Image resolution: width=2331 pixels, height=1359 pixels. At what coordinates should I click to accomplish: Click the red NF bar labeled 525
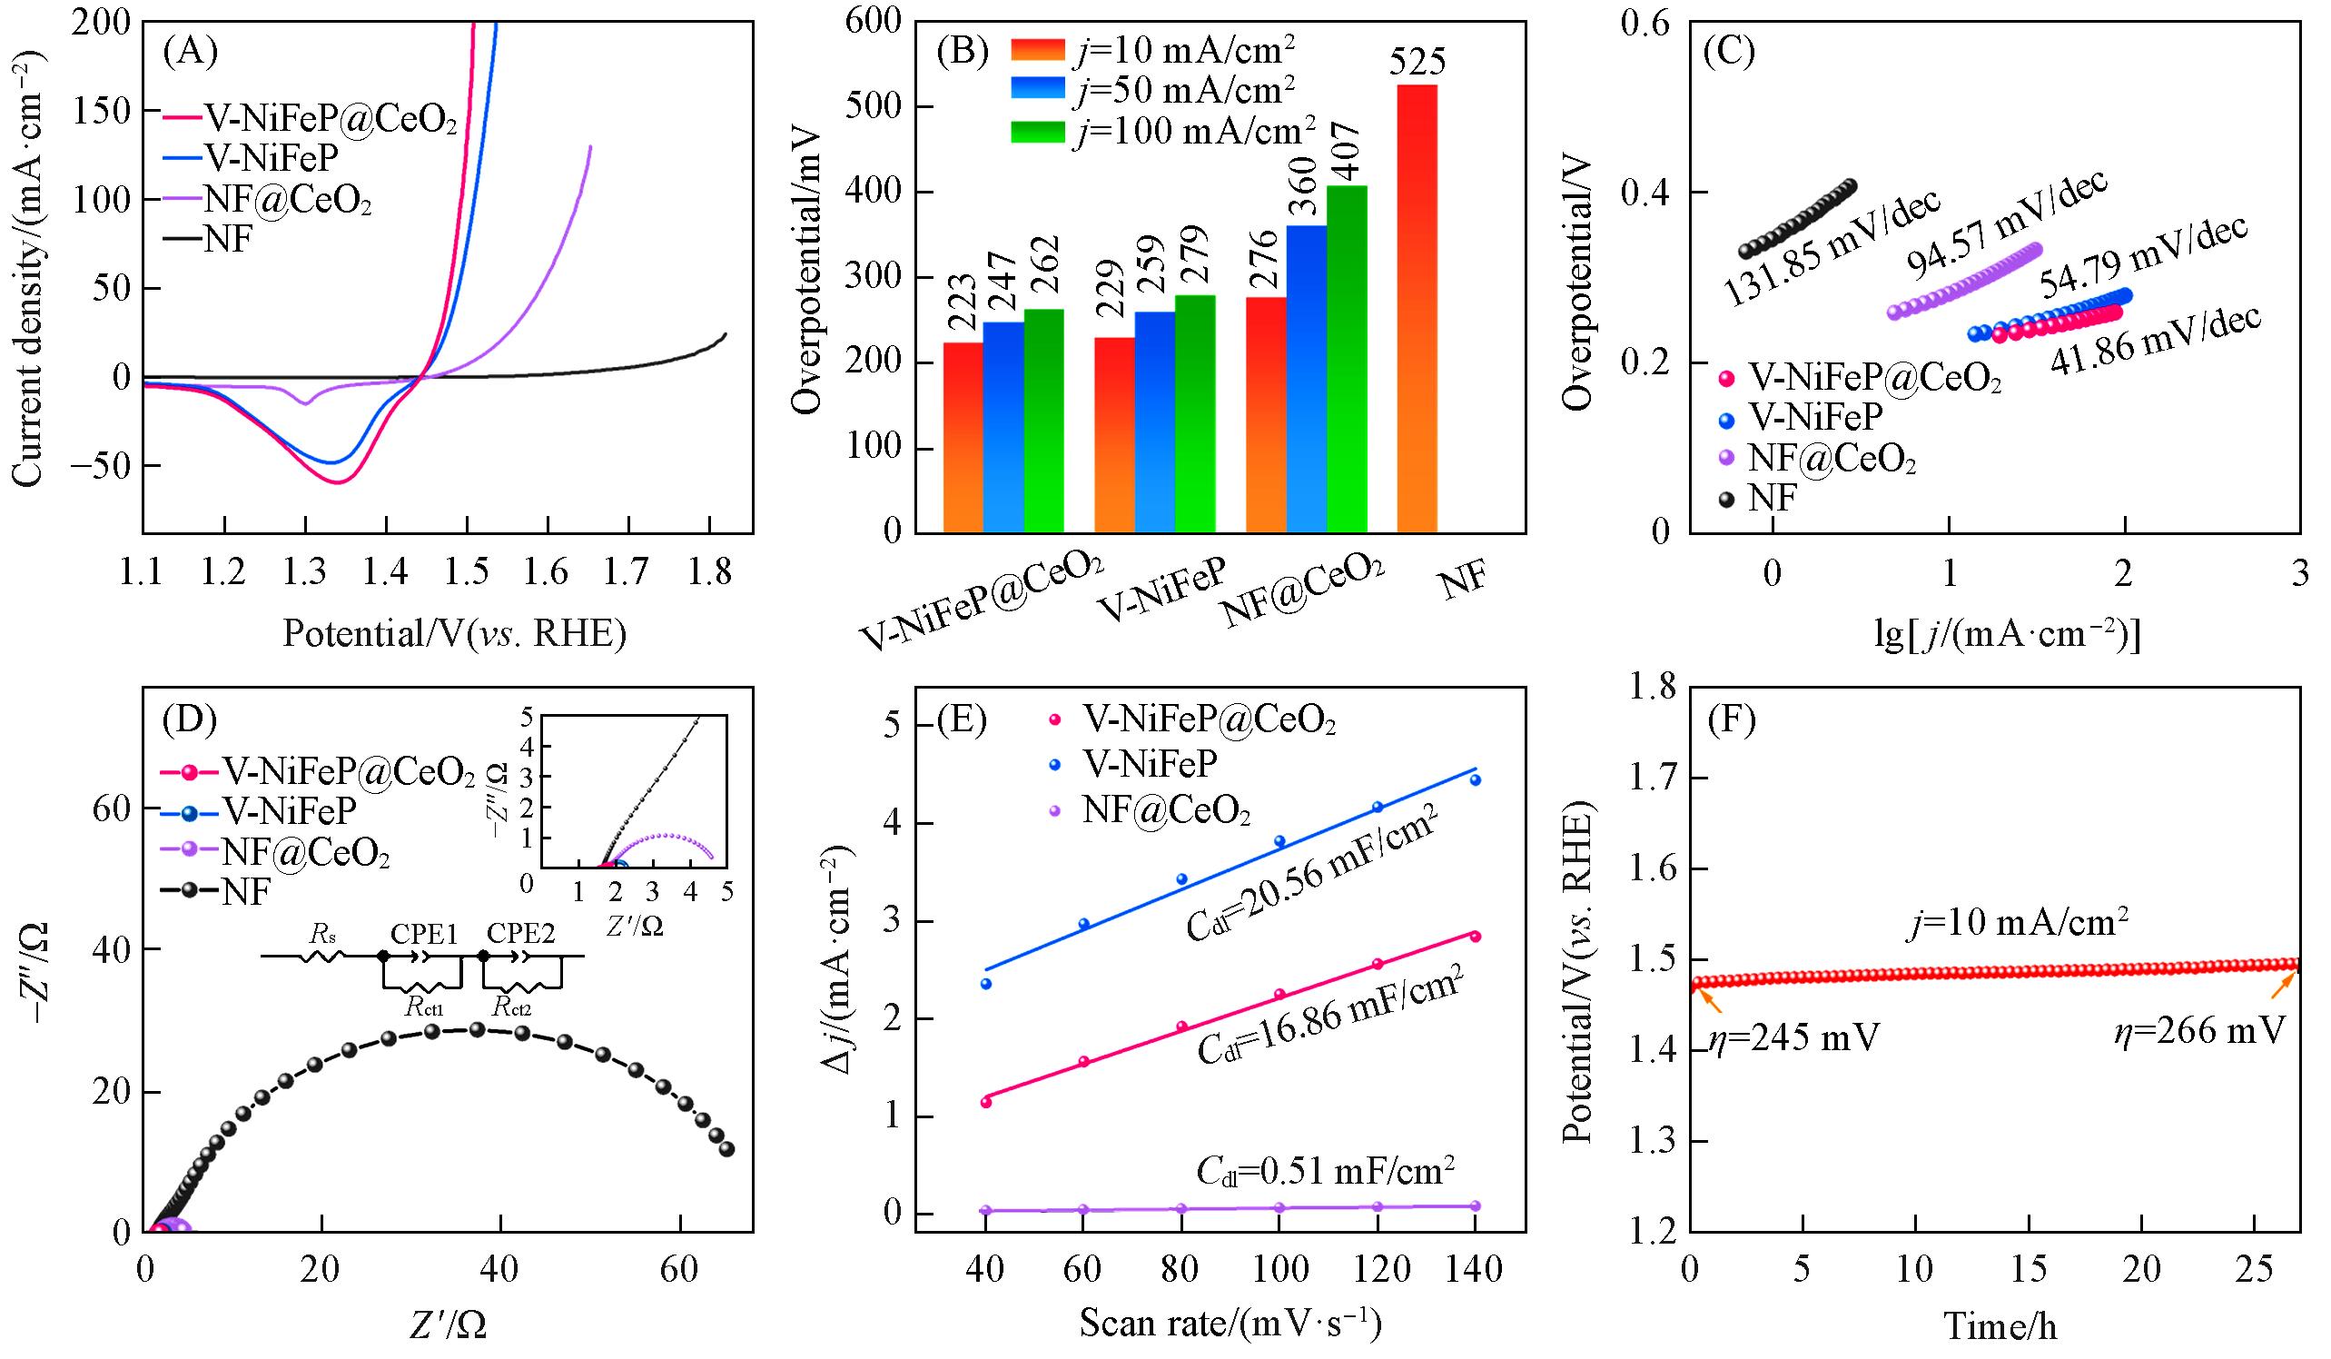[x=1417, y=308]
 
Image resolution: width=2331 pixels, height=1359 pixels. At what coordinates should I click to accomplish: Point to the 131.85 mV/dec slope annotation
[x=1831, y=248]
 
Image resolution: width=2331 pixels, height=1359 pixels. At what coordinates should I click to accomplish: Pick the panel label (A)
[x=190, y=52]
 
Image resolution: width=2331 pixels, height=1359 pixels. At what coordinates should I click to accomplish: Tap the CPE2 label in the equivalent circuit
[x=523, y=935]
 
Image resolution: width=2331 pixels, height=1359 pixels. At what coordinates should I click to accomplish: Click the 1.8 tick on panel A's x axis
[x=709, y=573]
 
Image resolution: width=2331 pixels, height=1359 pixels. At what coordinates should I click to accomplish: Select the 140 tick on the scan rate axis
[x=1474, y=1270]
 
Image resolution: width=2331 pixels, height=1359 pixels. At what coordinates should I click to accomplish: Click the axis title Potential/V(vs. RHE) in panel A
[x=453, y=634]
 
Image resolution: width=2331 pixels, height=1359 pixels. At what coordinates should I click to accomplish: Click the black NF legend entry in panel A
[x=227, y=241]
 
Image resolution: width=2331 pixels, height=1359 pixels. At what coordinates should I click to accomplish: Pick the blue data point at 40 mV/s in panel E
[x=986, y=984]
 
